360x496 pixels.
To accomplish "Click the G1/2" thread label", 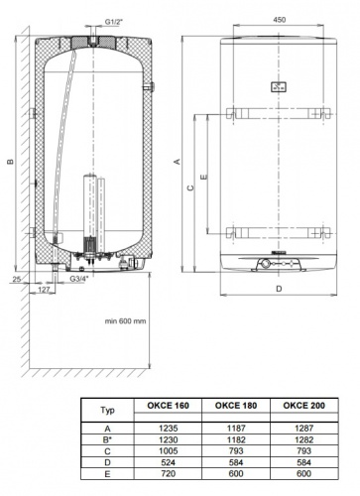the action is (114, 22).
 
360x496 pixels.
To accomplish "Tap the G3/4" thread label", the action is (79, 279).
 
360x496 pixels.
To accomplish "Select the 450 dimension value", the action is (280, 20).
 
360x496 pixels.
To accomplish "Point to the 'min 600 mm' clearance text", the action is (125, 320).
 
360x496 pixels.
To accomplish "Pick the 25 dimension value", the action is (17, 280).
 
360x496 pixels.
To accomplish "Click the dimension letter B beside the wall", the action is (11, 162).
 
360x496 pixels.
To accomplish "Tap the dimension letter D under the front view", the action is (279, 289).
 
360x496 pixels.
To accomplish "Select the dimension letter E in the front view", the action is (204, 177).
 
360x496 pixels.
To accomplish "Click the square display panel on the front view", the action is (279, 87).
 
